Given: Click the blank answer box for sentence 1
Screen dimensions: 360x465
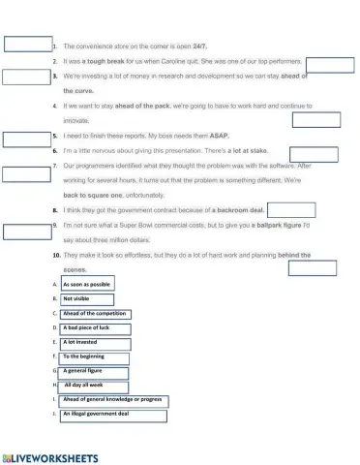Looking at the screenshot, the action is click(27, 44).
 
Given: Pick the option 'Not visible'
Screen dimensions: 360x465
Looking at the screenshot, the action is click(78, 298).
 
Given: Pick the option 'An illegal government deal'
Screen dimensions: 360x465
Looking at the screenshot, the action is click(112, 415).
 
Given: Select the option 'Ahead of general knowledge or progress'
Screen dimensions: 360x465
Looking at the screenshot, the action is click(112, 400).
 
